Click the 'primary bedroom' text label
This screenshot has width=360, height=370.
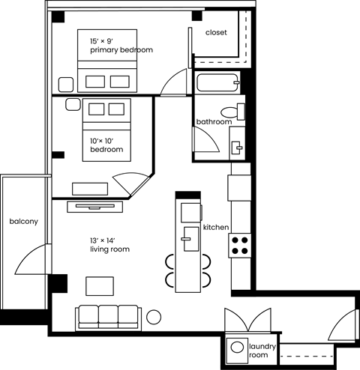point(121,50)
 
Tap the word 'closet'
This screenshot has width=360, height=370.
point(216,33)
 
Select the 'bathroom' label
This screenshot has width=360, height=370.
point(213,121)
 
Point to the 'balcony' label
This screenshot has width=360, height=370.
point(23,222)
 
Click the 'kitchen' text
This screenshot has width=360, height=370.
point(215,227)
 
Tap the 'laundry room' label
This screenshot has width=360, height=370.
point(263,351)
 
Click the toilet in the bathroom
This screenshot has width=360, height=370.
point(238,111)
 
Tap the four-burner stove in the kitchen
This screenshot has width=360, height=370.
point(240,245)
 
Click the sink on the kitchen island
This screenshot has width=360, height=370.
point(186,240)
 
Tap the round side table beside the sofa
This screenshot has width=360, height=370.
point(154,316)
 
